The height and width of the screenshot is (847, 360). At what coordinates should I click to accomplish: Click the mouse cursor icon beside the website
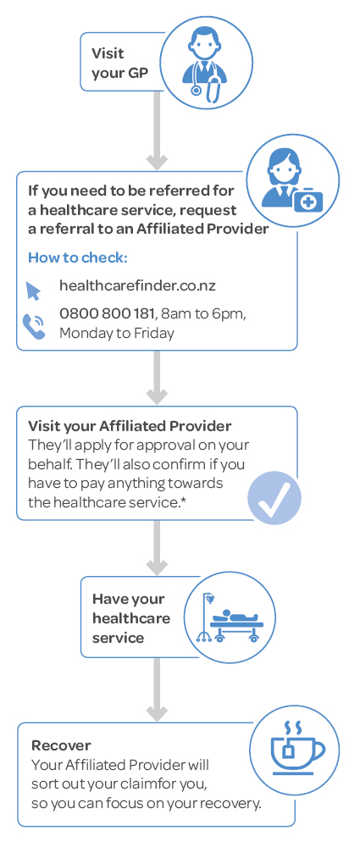[x=33, y=291]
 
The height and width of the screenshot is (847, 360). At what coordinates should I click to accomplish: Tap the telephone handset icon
[x=34, y=327]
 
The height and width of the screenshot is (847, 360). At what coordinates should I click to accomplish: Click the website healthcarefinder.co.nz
[x=137, y=285]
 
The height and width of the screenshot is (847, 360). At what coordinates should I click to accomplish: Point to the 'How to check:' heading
[x=78, y=257]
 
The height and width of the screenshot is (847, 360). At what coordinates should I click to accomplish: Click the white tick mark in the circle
[x=274, y=500]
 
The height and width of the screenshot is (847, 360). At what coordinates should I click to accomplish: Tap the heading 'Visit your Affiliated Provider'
[x=130, y=426]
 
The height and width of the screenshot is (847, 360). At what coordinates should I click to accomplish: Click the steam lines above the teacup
[x=292, y=727]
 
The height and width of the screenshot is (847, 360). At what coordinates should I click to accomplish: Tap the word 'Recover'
[x=61, y=745]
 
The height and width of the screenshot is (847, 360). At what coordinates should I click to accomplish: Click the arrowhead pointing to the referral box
[x=158, y=161]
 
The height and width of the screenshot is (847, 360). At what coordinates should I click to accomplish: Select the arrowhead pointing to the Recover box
[x=158, y=713]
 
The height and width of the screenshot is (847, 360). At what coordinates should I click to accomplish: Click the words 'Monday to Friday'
[x=117, y=333]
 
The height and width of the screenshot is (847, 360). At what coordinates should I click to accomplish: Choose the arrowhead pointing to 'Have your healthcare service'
[x=158, y=567]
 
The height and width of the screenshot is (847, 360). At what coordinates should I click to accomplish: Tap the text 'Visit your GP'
[x=119, y=63]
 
